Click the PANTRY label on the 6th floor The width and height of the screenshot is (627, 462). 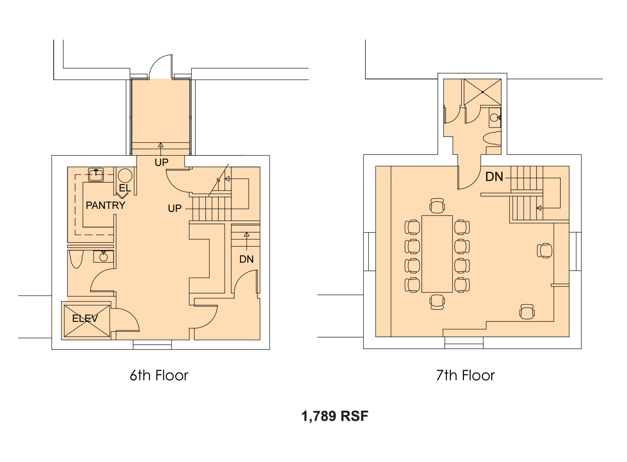point(105,205)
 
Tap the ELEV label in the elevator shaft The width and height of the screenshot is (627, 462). point(85,318)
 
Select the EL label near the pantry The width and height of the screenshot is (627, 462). point(125,188)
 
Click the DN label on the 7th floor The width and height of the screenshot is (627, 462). point(494,177)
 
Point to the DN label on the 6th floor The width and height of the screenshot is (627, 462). point(246,259)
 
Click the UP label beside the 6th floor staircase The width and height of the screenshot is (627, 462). point(175,208)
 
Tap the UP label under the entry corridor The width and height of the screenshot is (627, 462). point(161,162)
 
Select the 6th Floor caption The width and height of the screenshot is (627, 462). point(159,376)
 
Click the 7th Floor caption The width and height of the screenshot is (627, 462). point(466,376)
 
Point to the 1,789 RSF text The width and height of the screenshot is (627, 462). point(335,416)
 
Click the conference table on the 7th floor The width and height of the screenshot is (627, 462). point(437,254)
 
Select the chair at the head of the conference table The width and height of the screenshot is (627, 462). point(437,206)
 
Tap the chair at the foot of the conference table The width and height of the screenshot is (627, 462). point(437,302)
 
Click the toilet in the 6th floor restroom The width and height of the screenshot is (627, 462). point(76,259)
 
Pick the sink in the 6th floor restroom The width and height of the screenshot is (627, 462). point(103,256)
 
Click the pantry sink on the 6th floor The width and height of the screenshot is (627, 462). point(96,175)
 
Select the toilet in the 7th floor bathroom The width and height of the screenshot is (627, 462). point(492,138)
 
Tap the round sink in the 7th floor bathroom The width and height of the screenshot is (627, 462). point(495,118)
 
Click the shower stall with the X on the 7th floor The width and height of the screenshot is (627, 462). point(482,92)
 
